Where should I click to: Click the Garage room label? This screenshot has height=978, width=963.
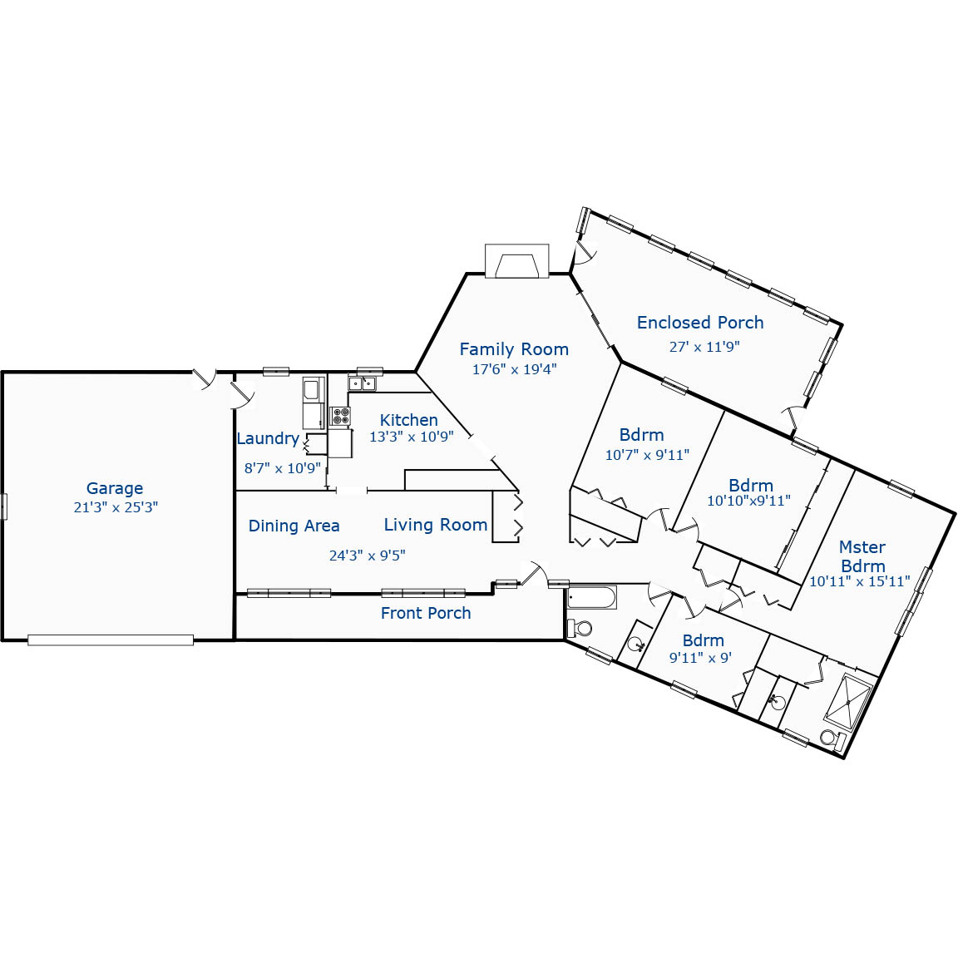click(115, 488)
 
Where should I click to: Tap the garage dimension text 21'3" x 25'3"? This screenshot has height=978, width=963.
click(116, 507)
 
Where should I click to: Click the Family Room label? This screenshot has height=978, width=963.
click(514, 349)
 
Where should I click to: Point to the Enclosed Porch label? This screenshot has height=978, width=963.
click(699, 323)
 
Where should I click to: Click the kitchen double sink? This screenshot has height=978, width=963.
click(362, 383)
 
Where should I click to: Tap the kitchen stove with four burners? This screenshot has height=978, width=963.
click(340, 416)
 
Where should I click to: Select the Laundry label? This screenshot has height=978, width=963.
click(267, 439)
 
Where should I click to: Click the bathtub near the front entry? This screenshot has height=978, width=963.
click(591, 597)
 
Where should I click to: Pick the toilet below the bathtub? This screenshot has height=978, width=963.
click(580, 626)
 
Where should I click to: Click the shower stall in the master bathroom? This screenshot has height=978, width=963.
click(847, 701)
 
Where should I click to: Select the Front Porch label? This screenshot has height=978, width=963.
click(426, 614)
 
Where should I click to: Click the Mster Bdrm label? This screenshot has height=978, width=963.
click(862, 556)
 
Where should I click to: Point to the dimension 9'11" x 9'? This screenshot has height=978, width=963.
click(700, 658)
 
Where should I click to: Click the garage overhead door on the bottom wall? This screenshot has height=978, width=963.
click(111, 640)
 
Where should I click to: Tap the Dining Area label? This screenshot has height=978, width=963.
click(294, 526)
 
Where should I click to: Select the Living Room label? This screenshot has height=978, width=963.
click(435, 525)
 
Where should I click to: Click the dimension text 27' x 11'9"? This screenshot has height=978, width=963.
click(704, 347)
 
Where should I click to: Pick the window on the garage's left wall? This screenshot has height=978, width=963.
click(3, 506)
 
